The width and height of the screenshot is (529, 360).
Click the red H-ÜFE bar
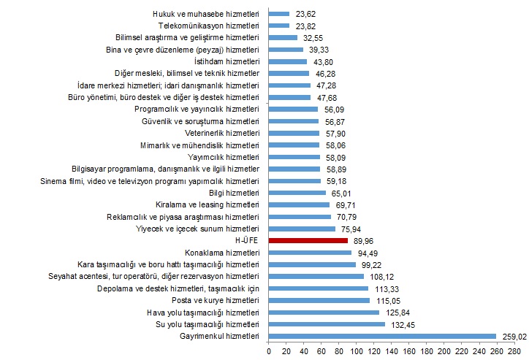[x=308, y=240]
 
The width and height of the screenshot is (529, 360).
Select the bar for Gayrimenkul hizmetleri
[x=382, y=336]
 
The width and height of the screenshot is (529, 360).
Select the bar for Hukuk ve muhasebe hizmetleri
[x=279, y=13]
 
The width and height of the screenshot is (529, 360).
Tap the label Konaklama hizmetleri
[x=227, y=253]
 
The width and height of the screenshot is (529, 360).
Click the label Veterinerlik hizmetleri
[x=222, y=133]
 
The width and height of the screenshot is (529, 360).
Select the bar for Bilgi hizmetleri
[x=297, y=193]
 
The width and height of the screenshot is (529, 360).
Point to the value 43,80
[x=323, y=61]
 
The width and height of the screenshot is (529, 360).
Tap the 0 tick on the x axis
[x=269, y=352]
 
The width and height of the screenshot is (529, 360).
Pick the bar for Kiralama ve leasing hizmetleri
[x=300, y=204]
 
